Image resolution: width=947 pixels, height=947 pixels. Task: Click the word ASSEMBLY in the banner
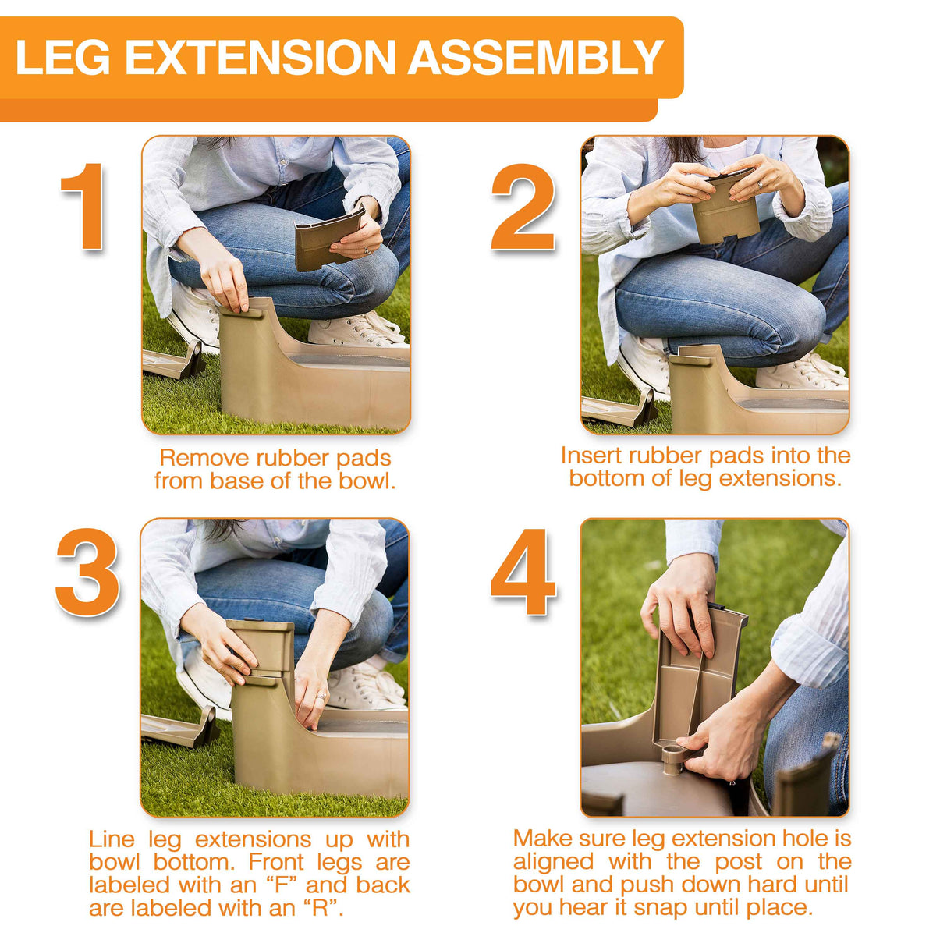pos(535,58)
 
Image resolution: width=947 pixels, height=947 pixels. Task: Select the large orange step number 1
pos(82,207)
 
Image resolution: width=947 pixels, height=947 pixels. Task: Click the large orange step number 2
pos(523,207)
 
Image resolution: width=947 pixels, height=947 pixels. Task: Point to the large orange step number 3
pos(87,572)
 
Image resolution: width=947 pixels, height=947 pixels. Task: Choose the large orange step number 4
pos(523,572)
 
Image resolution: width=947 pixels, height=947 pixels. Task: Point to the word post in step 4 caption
pos(740,862)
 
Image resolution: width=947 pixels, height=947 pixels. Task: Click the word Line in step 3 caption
pos(111,839)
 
